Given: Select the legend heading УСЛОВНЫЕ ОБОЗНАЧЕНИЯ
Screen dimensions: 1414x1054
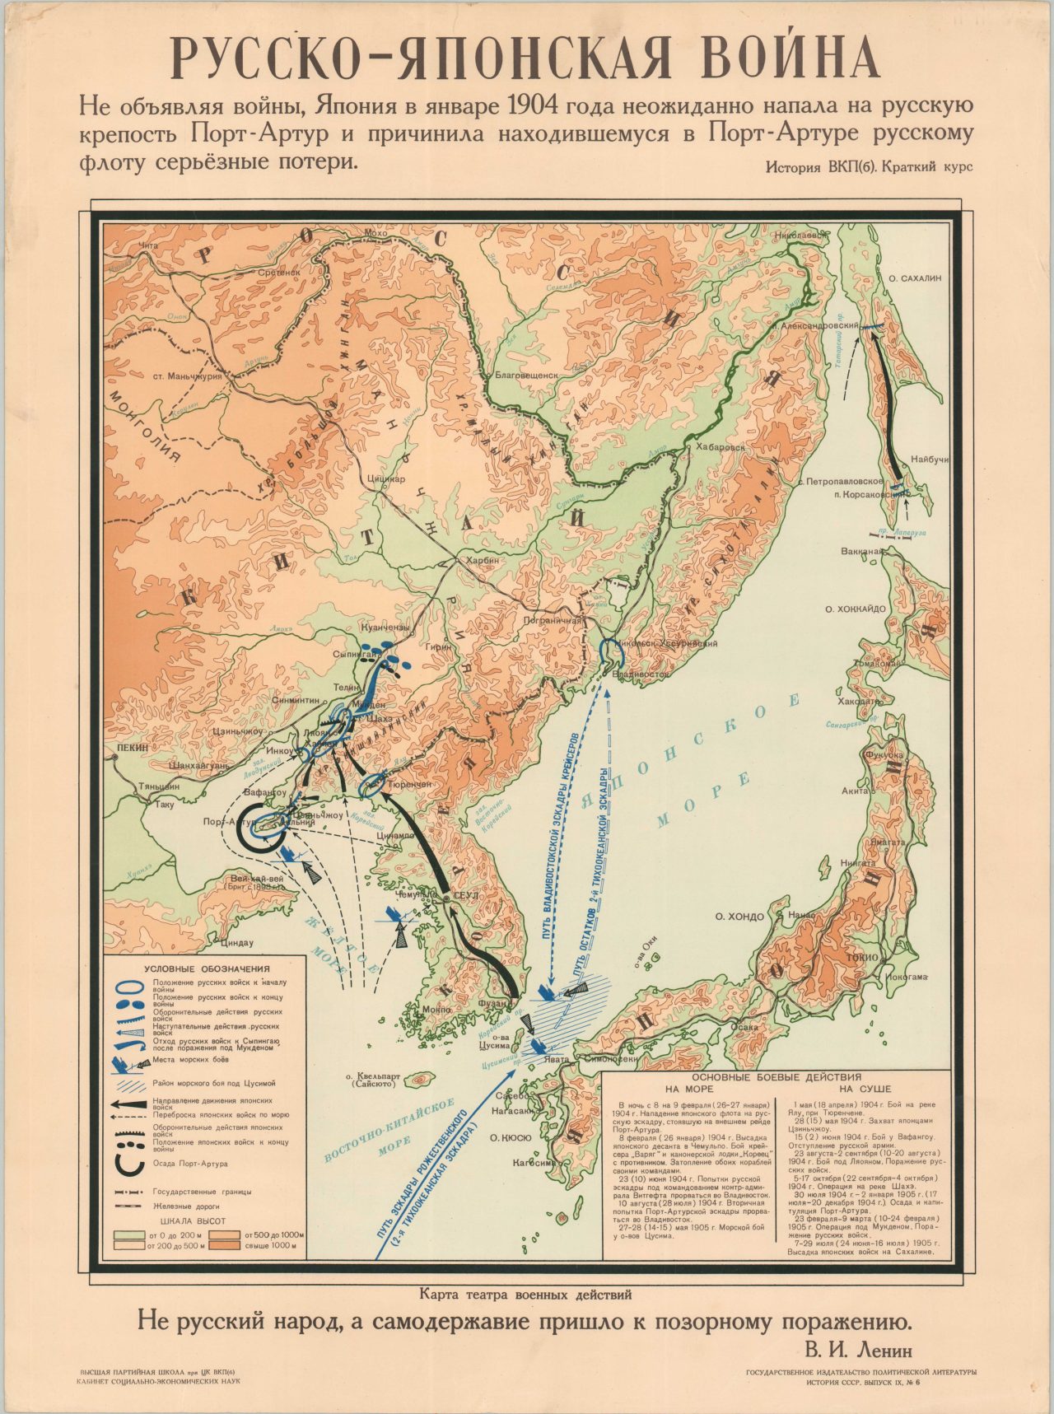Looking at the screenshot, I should click(207, 969).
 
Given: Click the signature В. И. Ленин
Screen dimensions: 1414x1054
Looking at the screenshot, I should click(856, 1350).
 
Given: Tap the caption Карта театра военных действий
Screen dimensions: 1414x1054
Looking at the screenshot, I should click(525, 1294).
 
